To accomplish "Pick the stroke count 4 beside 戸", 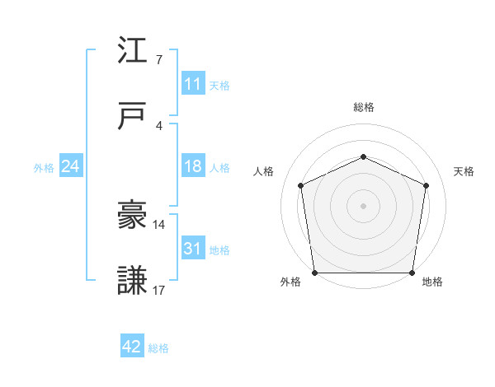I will tap(158, 126).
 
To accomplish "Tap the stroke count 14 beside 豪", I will tap(159, 225).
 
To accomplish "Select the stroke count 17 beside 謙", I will tap(159, 291).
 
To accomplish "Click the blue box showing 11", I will tap(192, 84).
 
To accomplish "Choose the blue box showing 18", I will tap(192, 166).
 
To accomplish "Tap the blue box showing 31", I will tap(192, 249).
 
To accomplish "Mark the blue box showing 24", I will tap(71, 166).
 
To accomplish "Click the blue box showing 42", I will tap(132, 347).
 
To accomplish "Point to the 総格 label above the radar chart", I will tap(364, 107).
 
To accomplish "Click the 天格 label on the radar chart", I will tap(464, 171).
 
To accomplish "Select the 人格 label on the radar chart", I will tap(262, 171).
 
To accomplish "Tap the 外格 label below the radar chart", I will tap(290, 282).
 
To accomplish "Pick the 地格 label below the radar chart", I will tap(432, 282).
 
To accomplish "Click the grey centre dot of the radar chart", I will tap(363, 205).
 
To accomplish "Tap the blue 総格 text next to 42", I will tap(158, 348).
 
